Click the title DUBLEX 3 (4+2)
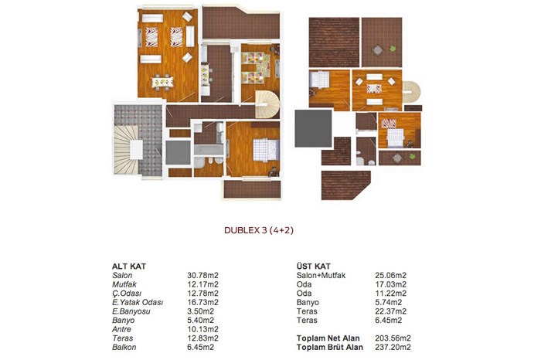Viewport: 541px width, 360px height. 259,230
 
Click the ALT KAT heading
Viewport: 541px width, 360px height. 129,267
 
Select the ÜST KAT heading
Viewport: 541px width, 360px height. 313,267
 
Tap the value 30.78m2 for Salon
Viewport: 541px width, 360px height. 202,275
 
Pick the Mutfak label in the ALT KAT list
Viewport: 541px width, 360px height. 124,284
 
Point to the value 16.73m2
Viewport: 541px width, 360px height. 202,302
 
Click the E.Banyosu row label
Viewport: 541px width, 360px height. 131,311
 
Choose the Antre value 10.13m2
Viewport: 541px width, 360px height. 202,329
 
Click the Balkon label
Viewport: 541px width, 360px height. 124,347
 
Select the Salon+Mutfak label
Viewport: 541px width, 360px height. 321,275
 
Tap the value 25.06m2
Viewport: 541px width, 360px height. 390,275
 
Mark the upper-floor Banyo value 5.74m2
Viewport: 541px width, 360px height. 389,302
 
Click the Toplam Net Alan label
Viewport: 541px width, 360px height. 328,338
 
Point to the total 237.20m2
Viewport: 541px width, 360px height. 393,347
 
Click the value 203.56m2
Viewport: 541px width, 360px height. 393,338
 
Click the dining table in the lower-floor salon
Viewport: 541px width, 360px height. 162,82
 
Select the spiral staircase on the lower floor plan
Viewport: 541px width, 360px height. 267,104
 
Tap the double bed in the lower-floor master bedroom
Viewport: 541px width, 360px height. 266,150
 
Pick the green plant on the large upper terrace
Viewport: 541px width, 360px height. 393,49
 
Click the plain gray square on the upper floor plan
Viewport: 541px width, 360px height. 313,128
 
